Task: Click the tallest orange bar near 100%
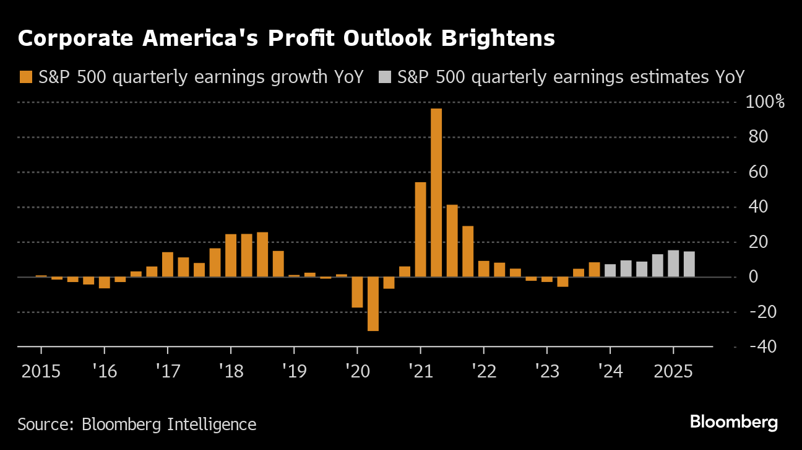(436, 192)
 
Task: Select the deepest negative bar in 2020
(373, 304)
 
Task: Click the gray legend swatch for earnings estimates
(386, 77)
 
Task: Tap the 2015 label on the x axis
(41, 372)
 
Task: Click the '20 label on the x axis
(357, 372)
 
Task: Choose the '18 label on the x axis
(230, 372)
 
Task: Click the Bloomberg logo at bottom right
(734, 423)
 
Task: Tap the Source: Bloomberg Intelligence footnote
(137, 425)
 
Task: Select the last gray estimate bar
(689, 264)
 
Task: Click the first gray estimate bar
(610, 270)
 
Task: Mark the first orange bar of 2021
(420, 229)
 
